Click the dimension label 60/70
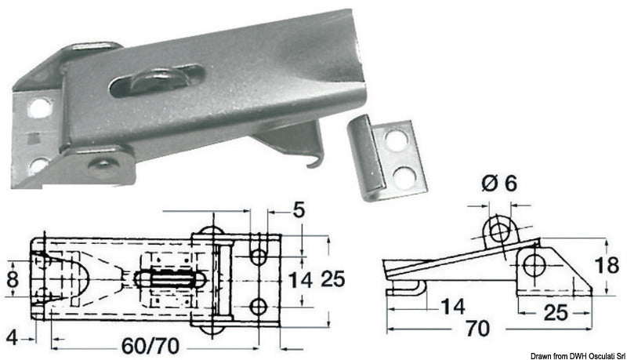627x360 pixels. pos(150,346)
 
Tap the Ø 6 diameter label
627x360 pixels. pos(500,184)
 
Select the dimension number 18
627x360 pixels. pos(607,266)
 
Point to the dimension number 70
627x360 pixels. pos(478,329)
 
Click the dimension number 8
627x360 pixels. pos(13,278)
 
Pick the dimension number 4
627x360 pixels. pos(13,338)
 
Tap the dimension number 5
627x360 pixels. pos(299,210)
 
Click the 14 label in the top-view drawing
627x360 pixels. pos(300,280)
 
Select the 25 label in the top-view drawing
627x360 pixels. pos(332,278)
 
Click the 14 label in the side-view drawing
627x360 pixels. pos(453,307)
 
